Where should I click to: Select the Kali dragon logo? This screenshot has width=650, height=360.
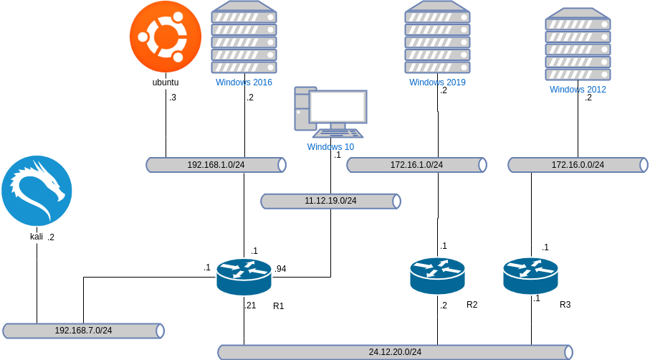(x=37, y=191)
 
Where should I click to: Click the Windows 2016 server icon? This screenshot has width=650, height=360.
(x=244, y=37)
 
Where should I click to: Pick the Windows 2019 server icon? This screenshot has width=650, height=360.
(x=437, y=37)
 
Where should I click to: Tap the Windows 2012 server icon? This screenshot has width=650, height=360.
(x=578, y=44)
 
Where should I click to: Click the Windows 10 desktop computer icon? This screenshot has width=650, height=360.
(x=330, y=112)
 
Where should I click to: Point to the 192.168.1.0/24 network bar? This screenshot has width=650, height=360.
(x=216, y=165)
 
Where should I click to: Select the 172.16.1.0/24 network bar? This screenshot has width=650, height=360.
(x=416, y=165)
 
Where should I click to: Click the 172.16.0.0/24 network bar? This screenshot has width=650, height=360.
(x=578, y=165)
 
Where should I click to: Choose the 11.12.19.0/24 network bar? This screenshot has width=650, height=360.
(x=330, y=201)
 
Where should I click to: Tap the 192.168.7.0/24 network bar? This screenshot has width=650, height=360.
(x=83, y=331)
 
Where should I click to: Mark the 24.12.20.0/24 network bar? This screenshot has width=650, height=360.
(x=395, y=352)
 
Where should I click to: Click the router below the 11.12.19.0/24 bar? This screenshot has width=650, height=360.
(x=244, y=276)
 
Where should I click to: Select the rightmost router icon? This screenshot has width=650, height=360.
(x=530, y=276)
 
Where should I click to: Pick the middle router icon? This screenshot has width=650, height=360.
(x=437, y=276)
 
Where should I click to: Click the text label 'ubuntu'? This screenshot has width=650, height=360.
(x=166, y=82)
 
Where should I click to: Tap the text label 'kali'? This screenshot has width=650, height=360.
(x=37, y=237)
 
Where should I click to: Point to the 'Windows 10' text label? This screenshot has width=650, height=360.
(x=330, y=147)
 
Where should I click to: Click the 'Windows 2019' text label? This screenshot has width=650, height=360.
(x=437, y=82)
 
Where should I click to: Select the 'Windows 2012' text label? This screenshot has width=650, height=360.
(x=578, y=90)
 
